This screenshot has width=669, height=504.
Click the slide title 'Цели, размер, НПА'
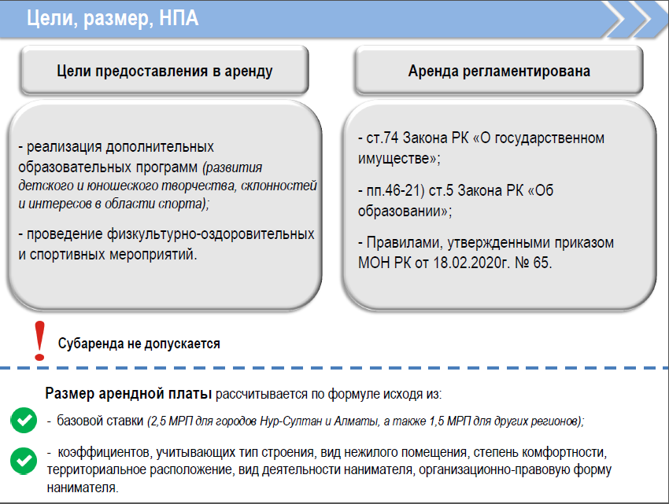coord(113,19)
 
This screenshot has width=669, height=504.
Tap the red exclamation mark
coord(39,340)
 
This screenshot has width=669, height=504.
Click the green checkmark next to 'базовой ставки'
coord(24,421)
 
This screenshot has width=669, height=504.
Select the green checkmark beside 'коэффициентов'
coord(24,461)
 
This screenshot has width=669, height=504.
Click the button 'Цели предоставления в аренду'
coord(164,71)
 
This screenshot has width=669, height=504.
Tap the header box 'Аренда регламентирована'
coord(499,71)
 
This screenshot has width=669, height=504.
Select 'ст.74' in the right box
coord(383,138)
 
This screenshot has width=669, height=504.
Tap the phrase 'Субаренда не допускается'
coord(139,344)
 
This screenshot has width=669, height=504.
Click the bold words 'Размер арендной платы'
coord(128,393)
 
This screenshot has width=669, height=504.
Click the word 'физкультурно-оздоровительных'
coord(210,234)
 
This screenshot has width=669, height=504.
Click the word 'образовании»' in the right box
coord(405,211)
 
